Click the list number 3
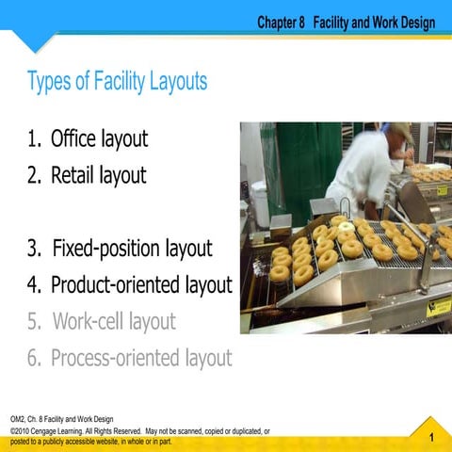coord(33,250)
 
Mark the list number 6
coord(33,358)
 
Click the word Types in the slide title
coord(53,83)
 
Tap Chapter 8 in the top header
coord(281,21)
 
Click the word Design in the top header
coord(415,21)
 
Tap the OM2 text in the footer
coord(17,419)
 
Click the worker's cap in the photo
coord(399,129)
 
